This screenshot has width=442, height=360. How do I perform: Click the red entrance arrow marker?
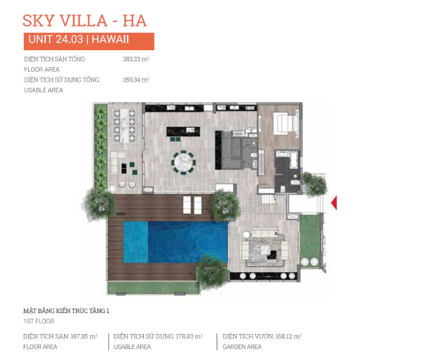click(334, 203)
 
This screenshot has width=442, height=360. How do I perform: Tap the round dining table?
click(183, 163)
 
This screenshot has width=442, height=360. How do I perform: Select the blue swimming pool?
click(175, 242)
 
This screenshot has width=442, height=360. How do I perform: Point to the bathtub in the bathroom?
click(293, 160)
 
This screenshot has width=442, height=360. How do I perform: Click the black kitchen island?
click(183, 131)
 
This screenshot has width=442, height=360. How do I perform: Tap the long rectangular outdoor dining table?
click(124, 126)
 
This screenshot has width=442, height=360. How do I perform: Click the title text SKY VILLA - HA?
click(85, 21)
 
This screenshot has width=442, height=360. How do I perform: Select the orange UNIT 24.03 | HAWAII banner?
click(89, 41)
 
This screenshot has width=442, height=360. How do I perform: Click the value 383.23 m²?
click(135, 59)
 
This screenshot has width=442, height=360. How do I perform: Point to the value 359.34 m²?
click(135, 80)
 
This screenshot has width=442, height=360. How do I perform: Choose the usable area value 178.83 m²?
click(189, 336)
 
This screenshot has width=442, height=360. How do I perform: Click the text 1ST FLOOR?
click(39, 321)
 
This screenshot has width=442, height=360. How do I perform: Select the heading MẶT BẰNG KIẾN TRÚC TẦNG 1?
click(66, 311)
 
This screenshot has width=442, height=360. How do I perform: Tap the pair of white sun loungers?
click(192, 205)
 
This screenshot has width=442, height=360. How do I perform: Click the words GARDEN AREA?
click(242, 347)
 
